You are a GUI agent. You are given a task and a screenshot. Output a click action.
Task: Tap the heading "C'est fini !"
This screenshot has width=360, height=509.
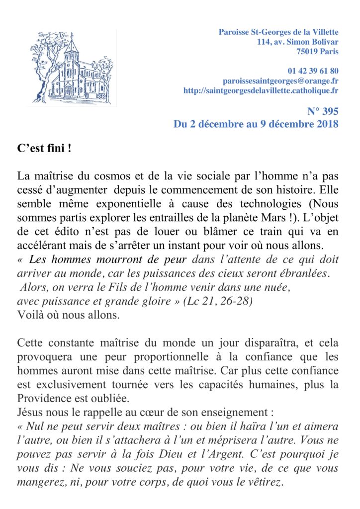(44, 148)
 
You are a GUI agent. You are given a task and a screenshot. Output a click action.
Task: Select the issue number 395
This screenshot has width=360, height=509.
(329, 111)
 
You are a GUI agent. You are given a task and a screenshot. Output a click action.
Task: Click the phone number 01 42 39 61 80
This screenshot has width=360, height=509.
(313, 71)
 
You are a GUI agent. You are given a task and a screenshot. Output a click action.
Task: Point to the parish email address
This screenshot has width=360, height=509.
(280, 81)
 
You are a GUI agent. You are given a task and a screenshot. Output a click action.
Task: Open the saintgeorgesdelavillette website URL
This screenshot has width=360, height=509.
(261, 90)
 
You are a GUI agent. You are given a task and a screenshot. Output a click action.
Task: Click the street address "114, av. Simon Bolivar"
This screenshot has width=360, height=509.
(298, 42)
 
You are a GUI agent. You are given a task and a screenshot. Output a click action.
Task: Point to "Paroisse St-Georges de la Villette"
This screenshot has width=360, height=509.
(278, 32)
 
